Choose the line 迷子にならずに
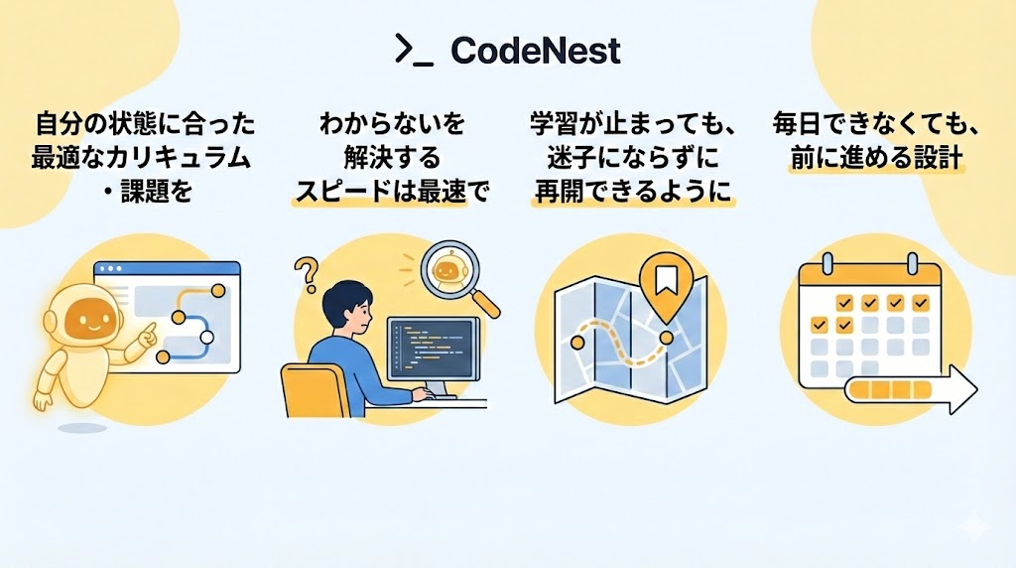click(x=632, y=157)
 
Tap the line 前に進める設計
click(x=876, y=157)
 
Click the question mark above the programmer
click(x=307, y=269)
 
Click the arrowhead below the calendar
click(x=959, y=388)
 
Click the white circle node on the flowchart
click(x=206, y=338)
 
